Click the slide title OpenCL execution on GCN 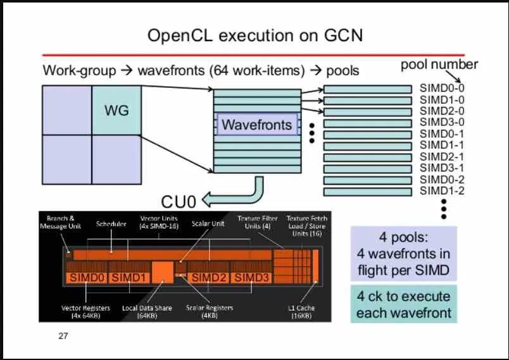(254, 35)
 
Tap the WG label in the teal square (116, 111)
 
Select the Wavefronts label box (256, 125)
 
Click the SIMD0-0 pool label (442, 89)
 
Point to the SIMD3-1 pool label (442, 168)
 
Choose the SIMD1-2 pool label (442, 190)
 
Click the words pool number (439, 65)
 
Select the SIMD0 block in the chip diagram (87, 277)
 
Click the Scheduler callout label (111, 224)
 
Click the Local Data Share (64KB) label (147, 311)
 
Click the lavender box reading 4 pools (403, 254)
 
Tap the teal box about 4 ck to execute (403, 304)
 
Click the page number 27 (63, 335)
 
